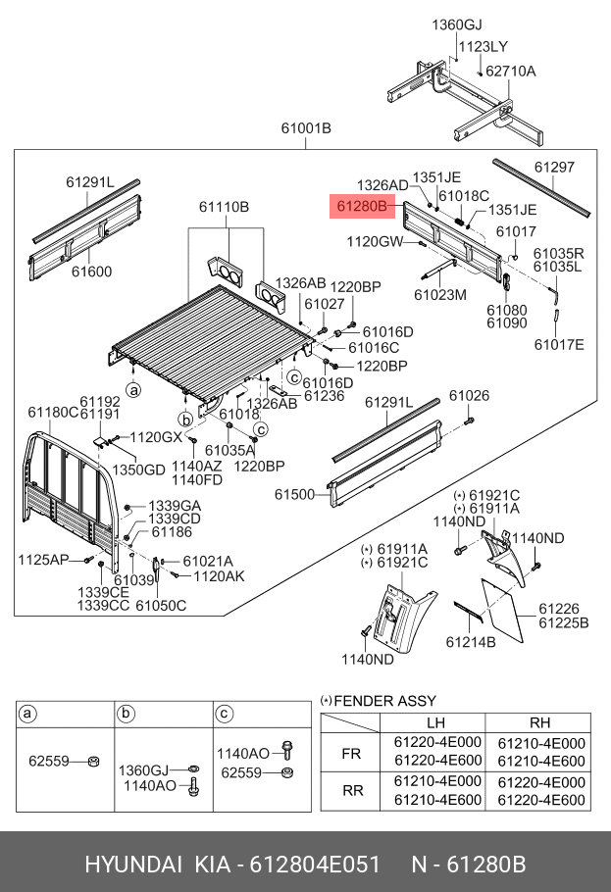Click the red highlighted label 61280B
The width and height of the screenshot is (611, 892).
[360, 207]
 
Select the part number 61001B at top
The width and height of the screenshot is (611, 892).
[305, 128]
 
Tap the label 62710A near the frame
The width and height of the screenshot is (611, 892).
[510, 71]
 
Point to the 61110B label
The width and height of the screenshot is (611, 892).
[224, 207]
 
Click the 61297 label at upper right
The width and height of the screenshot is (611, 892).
[554, 168]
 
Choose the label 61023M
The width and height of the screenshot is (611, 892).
[439, 294]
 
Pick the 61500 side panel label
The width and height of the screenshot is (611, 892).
[294, 495]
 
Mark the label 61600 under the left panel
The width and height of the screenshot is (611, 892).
[89, 272]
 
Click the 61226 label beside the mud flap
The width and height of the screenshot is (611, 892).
[558, 609]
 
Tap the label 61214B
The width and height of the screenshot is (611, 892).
[470, 642]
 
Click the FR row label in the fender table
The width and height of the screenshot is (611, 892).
[350, 753]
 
